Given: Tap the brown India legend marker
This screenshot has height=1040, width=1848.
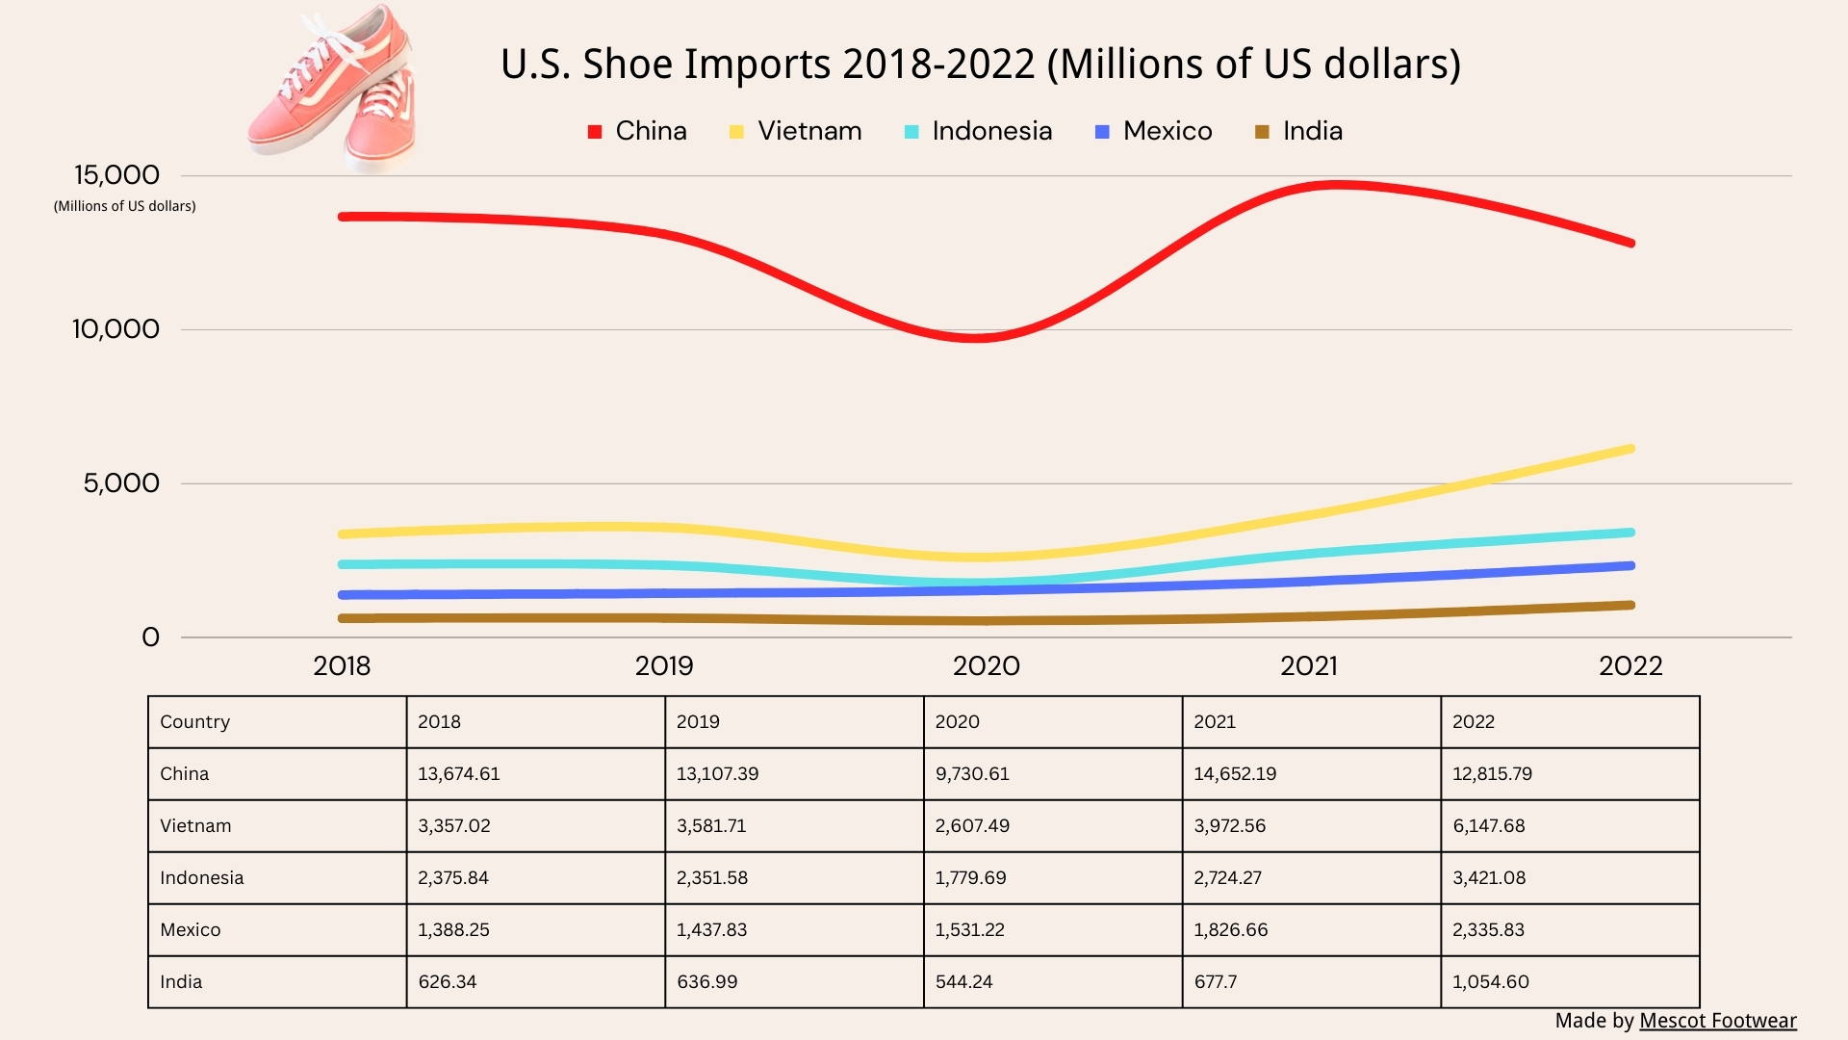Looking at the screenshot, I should click(x=1262, y=132).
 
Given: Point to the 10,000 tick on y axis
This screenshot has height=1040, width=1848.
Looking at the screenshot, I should click(x=115, y=329).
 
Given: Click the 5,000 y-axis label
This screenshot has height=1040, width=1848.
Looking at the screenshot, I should click(x=121, y=483).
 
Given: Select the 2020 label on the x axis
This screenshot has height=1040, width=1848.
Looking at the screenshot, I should click(x=986, y=666).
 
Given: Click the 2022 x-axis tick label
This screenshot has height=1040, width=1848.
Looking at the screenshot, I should click(x=1630, y=666).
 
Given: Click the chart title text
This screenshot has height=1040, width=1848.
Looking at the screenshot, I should click(x=980, y=65).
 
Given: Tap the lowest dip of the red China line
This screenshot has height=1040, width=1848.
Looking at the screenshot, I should click(x=976, y=338).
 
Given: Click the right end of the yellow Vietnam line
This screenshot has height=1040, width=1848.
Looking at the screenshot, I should click(x=1630, y=449).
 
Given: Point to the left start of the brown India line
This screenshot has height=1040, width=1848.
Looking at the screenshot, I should click(x=343, y=618).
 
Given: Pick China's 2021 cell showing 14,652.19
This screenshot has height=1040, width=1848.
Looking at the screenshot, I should click(x=1235, y=774).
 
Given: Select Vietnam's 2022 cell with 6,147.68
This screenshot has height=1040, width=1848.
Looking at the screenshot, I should click(x=1488, y=826).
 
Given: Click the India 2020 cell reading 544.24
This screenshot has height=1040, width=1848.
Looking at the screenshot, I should click(x=963, y=982).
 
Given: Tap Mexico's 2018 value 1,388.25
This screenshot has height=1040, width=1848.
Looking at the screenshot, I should click(x=453, y=930).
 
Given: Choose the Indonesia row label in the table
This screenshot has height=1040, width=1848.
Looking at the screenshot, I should click(x=202, y=878).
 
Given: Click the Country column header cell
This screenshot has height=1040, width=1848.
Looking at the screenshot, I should click(x=195, y=722).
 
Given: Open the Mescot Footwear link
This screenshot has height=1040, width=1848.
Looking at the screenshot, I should click(x=1717, y=1021).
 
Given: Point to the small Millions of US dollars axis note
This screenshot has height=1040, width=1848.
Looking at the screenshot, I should click(x=125, y=206).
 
